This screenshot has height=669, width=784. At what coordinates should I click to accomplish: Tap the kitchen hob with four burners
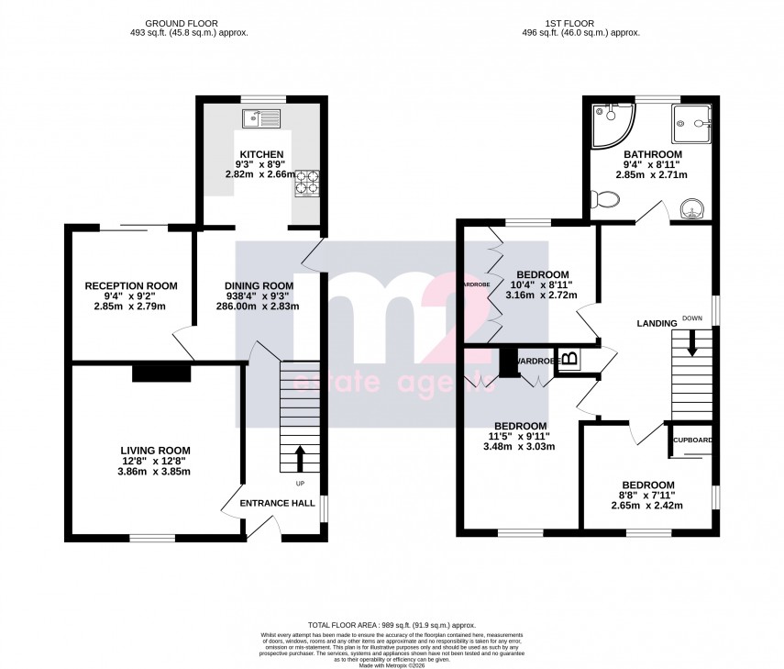point(305,184)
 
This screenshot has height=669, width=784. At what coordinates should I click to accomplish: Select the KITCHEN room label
point(261,154)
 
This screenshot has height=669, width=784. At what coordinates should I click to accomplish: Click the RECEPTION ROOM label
point(131,285)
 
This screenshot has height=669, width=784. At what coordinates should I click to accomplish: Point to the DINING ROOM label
point(259,285)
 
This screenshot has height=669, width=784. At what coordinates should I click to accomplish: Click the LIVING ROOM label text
point(156,450)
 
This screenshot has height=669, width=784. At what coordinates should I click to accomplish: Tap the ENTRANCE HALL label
point(277,503)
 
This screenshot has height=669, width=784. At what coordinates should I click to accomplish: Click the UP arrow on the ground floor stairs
point(300,458)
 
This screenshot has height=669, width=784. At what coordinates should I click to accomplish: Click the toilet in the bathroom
point(604,199)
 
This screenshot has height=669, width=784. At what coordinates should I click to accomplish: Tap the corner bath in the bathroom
point(609,123)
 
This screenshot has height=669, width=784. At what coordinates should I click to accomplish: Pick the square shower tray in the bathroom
point(693,120)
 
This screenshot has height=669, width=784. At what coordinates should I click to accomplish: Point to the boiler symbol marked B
point(569,359)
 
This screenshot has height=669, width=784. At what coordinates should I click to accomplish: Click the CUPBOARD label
point(692,440)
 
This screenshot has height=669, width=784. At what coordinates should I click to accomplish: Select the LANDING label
point(657,323)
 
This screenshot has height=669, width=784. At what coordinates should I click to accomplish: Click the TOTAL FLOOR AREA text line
point(392,622)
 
